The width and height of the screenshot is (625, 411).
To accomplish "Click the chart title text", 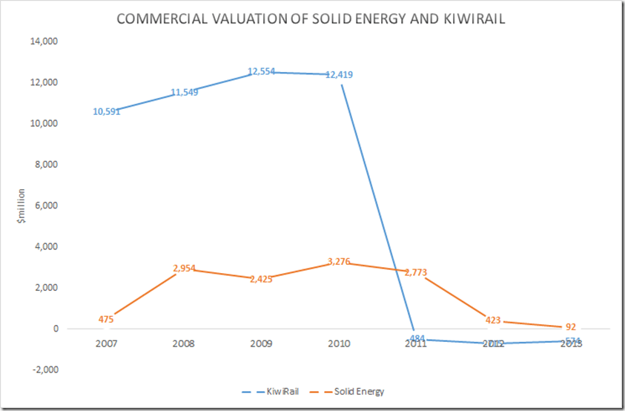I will point(311,20).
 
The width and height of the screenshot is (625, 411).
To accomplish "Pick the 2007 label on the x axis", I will point(105,343).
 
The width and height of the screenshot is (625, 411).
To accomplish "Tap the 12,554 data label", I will point(261,72).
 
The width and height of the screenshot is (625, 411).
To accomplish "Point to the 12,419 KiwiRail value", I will point(339,74).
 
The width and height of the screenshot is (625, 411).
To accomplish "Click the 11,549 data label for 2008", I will point(184,92).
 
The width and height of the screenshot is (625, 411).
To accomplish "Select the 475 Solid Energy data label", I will point(105,319).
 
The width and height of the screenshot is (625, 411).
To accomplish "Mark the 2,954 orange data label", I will point(184,268).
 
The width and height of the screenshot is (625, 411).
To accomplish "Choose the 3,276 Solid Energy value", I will point(339,261).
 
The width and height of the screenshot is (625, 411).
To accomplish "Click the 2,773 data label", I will point(416,272).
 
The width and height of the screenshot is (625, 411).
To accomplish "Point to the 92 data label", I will point(570,327).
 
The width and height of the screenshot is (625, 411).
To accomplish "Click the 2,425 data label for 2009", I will point(261,279).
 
